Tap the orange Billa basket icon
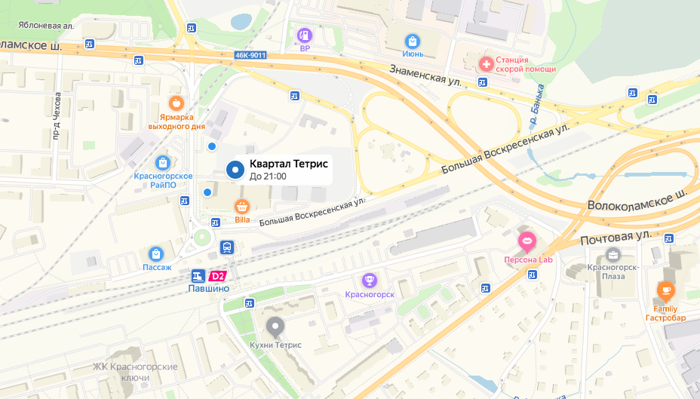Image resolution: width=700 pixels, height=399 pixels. (x=242, y=206)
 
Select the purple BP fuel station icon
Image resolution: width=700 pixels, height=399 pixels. (x=305, y=35)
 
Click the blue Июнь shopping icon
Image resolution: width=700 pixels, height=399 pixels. (x=412, y=41)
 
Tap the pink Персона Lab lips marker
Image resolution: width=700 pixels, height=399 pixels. (x=527, y=241)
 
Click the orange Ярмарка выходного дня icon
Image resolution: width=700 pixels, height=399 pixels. (x=176, y=103)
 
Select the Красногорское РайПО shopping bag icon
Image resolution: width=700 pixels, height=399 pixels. (x=162, y=162)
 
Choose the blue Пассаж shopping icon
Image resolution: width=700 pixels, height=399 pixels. (x=156, y=253)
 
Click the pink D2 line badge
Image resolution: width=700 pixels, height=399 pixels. (x=218, y=276)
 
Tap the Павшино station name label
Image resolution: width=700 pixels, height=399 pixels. (x=207, y=288)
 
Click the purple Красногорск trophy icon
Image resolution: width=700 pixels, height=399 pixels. (x=370, y=281)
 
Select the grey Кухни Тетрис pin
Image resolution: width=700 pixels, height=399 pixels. (x=275, y=327)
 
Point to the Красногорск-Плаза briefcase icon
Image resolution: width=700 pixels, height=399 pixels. (x=612, y=254)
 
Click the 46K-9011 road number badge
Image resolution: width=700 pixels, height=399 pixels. (x=250, y=55)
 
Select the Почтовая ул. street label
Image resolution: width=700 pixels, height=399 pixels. (x=615, y=238)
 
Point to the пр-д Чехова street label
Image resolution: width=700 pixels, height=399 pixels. (x=57, y=118)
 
